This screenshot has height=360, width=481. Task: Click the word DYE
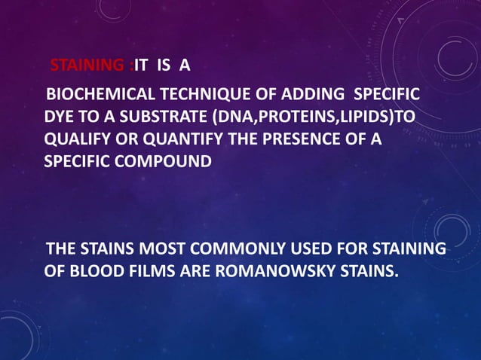[58, 119]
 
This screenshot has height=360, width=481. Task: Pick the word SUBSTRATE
[154, 119]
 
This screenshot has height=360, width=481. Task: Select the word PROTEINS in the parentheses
[292, 119]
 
